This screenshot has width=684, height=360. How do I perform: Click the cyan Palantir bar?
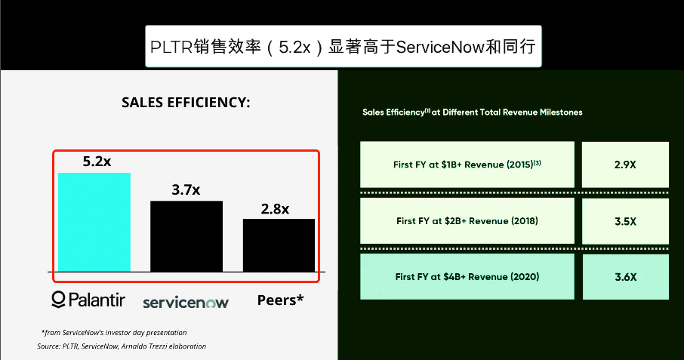point(94,223)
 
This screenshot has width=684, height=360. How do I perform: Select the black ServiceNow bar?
point(186,236)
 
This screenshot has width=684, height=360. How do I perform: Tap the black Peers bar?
point(279,245)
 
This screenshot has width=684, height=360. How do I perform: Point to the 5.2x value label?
point(97,162)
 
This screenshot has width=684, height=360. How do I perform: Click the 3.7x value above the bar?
point(186,189)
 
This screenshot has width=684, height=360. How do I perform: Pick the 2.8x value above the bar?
point(275,209)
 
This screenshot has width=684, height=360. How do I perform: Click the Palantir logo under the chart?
point(88,300)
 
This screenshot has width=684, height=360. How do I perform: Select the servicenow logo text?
point(186,303)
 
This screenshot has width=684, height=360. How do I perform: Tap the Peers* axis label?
point(280,300)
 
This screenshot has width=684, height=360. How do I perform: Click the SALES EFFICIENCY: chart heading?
point(186,103)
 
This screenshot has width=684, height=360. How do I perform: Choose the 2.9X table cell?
point(625,165)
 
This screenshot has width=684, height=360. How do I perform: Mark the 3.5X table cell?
point(625,221)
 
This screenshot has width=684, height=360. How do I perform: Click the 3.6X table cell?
point(626,277)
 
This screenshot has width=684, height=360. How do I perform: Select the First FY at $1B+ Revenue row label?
point(467,165)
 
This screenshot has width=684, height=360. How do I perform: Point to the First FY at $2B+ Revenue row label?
point(467,221)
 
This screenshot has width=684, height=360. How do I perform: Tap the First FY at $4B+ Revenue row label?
point(467,277)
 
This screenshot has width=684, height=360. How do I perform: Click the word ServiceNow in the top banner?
point(440,47)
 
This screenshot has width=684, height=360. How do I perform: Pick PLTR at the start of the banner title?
point(171,47)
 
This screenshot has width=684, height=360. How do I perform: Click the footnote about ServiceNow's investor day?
point(114,333)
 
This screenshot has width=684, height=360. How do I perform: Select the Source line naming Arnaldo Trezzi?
point(122,346)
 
